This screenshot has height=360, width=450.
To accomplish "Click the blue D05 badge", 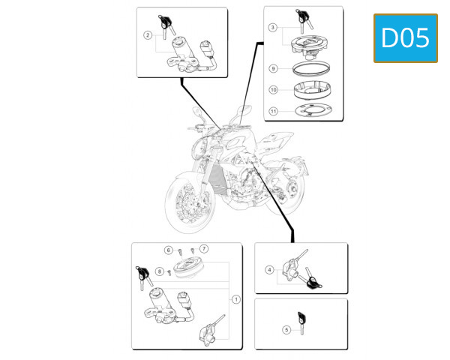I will coord(406,37).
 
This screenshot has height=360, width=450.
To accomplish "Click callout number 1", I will coord(235,298).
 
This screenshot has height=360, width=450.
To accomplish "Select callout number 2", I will coord(148,34).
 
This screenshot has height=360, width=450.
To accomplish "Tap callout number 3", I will coord(273,28).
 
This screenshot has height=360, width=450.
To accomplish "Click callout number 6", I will coord(169,249).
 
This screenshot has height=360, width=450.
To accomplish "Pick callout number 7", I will coord(203,248).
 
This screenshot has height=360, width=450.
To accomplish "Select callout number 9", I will coord(274,68).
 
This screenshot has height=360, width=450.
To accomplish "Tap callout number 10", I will coord(274,89).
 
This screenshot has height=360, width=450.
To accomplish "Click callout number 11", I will coord(274,112).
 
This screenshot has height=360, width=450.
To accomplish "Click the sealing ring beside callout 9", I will coord(308,68).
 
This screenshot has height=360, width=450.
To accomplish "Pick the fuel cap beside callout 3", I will coord(308,43).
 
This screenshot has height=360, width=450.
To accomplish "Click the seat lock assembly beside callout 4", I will coord(295,269).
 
